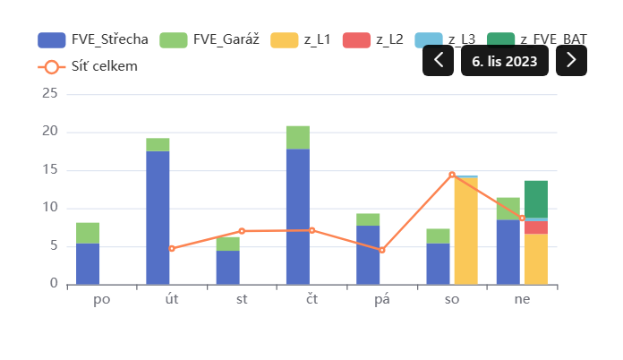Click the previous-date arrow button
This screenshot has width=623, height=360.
(438, 60)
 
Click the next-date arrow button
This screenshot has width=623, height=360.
(571, 60)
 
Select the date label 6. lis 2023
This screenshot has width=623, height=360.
(505, 60)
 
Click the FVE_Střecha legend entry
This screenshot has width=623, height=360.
(93, 39)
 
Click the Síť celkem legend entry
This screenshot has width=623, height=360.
(88, 66)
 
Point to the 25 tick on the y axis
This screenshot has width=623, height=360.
(49, 94)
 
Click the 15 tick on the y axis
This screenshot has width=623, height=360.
(49, 170)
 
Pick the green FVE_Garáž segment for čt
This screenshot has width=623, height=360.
(298, 138)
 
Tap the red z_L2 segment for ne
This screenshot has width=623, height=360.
(536, 227)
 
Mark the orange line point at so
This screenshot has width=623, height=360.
(452, 175)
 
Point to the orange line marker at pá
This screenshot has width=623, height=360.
(382, 250)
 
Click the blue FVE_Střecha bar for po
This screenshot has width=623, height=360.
(88, 264)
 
